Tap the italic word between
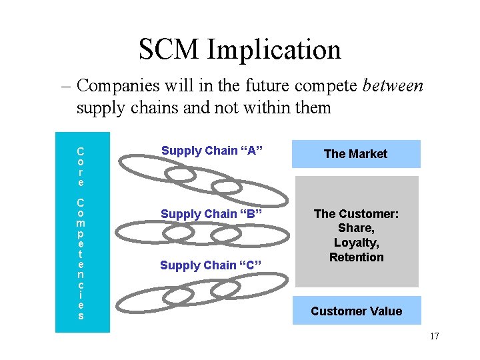click(393, 86)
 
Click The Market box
click(355, 154)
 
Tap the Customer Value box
click(357, 311)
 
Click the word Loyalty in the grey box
click(356, 243)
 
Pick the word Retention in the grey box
click(356, 257)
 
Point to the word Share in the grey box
click(356, 229)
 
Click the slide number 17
click(434, 336)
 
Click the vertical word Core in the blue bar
click(81, 167)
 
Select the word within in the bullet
click(263, 107)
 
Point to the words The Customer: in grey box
click(356, 214)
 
